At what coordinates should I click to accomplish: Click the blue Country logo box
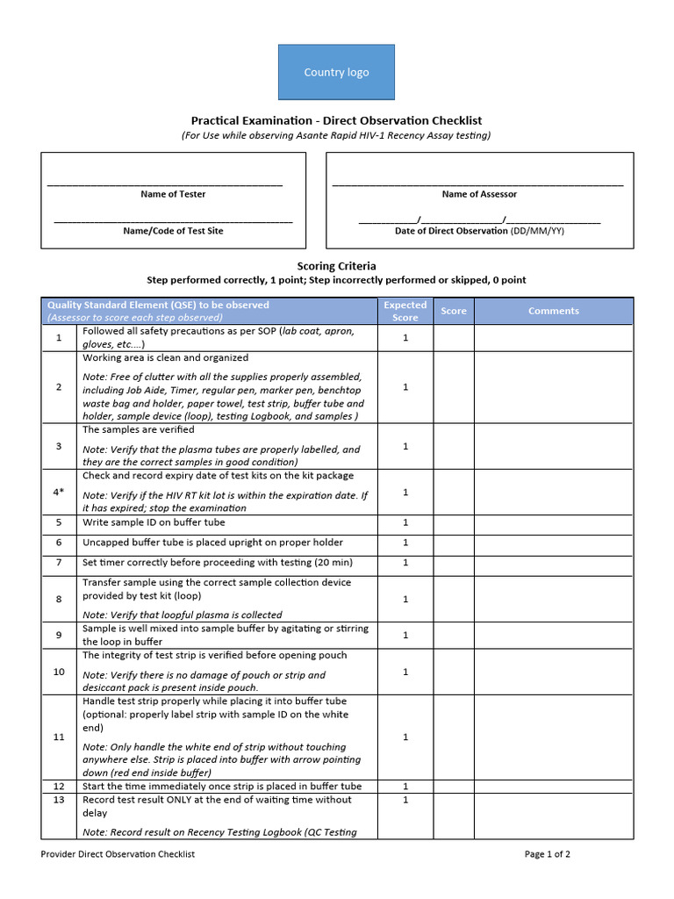[x=336, y=72]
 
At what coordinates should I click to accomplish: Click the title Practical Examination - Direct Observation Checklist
[x=336, y=120]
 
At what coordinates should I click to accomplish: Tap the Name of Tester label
[x=173, y=194]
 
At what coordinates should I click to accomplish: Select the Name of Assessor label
[x=479, y=194]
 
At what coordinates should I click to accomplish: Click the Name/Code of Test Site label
[x=173, y=231]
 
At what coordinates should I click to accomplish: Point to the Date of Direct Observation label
[x=479, y=231]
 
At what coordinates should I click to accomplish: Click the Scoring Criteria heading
[x=336, y=265]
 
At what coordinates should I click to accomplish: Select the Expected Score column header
[x=405, y=311]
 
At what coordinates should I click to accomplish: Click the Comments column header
[x=553, y=311]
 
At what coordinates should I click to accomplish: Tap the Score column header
[x=454, y=311]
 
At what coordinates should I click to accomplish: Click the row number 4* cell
[x=59, y=492]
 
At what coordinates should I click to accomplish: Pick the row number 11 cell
[x=59, y=737]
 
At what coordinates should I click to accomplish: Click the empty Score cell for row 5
[x=454, y=522]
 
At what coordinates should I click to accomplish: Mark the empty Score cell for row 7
[x=454, y=563]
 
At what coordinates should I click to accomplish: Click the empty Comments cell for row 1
[x=553, y=338]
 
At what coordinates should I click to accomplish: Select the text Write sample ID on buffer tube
[x=154, y=522]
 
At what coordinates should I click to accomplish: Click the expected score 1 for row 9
[x=405, y=635]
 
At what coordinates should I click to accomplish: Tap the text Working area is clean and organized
[x=165, y=358]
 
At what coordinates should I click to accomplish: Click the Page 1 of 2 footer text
[x=547, y=853]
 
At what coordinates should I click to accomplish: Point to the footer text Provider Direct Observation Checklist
[x=118, y=853]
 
